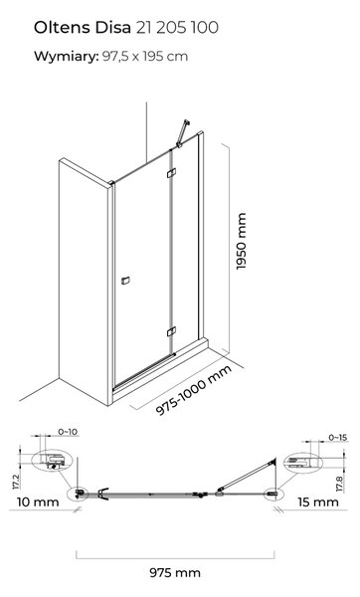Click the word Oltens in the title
[x=62, y=28]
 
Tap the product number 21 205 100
[x=177, y=28]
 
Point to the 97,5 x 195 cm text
[x=145, y=57]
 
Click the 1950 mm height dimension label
[x=242, y=242]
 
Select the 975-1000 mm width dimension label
[x=194, y=390]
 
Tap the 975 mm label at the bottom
[x=175, y=572]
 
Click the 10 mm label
[x=38, y=501]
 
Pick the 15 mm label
[x=318, y=501]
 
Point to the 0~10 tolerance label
[x=68, y=432]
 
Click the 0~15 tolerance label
[x=338, y=438]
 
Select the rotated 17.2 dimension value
[x=16, y=482]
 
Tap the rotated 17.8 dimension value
[x=340, y=484]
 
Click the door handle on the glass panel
[x=125, y=281]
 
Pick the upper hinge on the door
[x=171, y=173]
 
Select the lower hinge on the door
[x=171, y=331]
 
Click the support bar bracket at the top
[x=183, y=133]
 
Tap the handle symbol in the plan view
[x=103, y=494]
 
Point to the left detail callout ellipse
[x=52, y=461]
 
